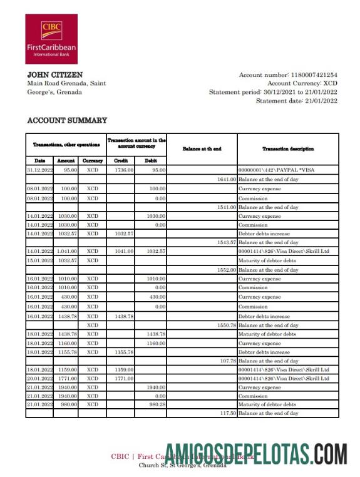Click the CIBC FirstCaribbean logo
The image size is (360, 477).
coord(51,39)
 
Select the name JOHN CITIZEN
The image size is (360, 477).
coord(55,75)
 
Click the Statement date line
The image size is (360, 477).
coord(296,101)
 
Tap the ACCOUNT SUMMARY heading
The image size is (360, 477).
coord(67,120)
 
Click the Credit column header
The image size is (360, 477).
coord(121,161)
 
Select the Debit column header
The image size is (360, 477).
coord(151,161)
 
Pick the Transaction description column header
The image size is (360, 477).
coord(288,149)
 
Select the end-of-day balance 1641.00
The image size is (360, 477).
coord(227,179)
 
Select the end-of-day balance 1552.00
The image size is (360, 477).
coord(227,270)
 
